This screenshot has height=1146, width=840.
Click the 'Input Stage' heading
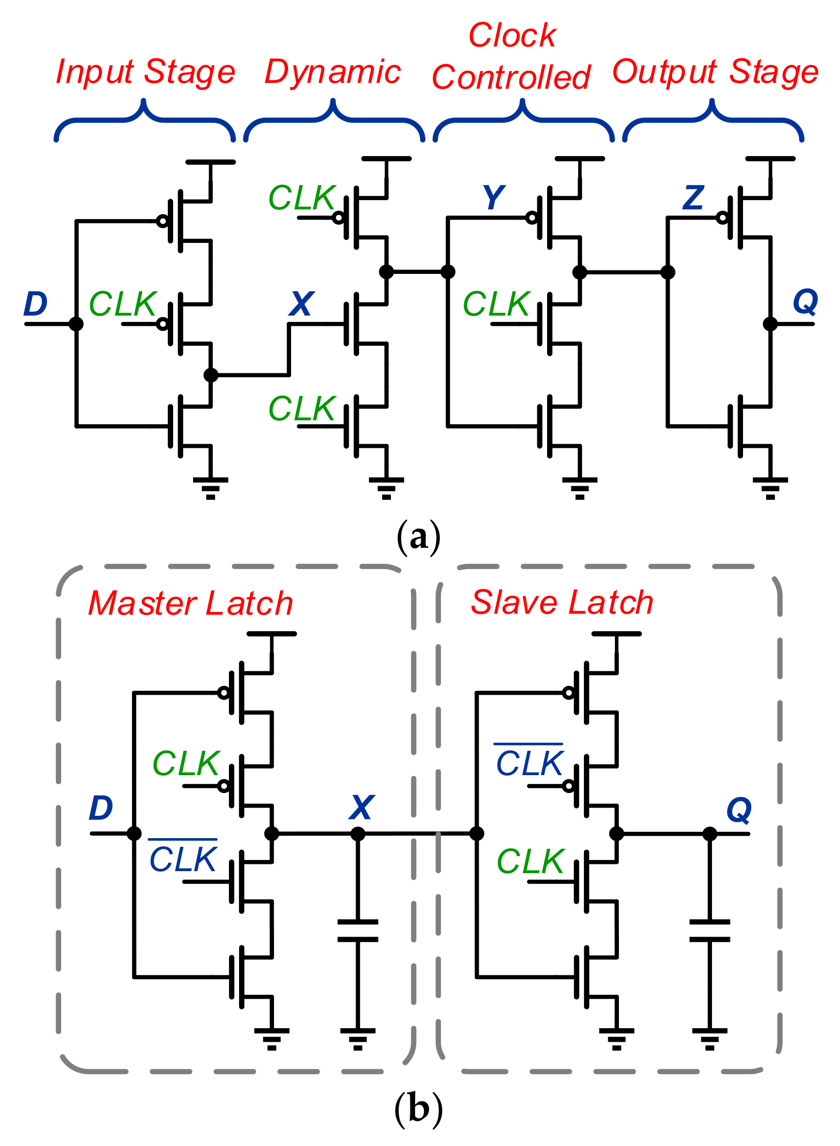click(x=145, y=72)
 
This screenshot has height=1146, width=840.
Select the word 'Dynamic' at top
click(x=333, y=72)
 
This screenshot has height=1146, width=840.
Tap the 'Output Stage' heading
click(x=715, y=72)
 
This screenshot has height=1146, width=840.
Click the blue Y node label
click(x=493, y=197)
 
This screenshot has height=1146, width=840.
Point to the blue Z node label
click(x=694, y=197)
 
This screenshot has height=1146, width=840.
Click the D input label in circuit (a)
click(x=35, y=304)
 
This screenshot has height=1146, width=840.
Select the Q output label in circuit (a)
click(x=805, y=302)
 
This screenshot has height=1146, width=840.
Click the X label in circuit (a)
click(x=301, y=304)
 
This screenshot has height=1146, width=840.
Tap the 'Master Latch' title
click(x=191, y=603)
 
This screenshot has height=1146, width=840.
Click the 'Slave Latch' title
click(x=562, y=602)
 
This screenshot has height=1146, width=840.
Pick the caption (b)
click(x=418, y=1108)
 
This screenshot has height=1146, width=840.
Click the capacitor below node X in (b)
click(x=357, y=931)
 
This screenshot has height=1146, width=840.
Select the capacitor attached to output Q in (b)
click(x=710, y=931)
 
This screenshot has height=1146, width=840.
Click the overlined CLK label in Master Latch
click(x=183, y=859)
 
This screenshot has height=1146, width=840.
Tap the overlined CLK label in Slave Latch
click(x=529, y=763)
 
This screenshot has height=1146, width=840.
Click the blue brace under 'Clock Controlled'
click(x=523, y=122)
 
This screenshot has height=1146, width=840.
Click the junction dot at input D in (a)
click(x=76, y=324)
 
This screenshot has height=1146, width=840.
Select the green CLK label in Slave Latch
click(x=530, y=861)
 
